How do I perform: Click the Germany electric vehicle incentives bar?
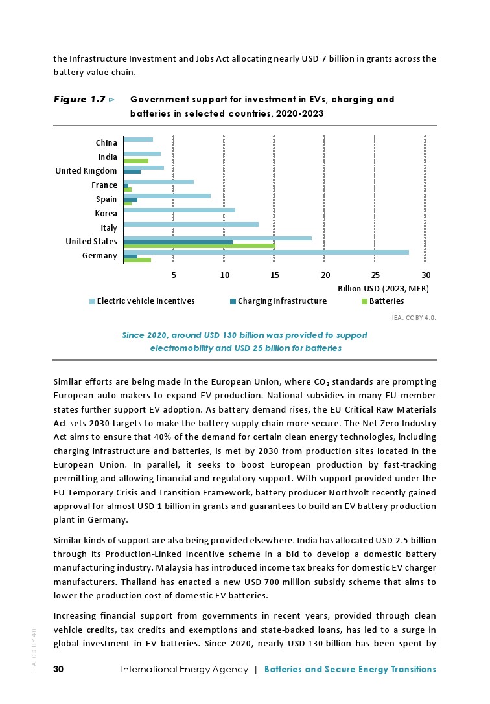click(266, 252)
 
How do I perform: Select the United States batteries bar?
click(199, 246)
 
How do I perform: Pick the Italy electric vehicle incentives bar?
click(191, 224)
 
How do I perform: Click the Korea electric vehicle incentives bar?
click(179, 210)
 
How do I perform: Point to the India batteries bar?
click(135, 161)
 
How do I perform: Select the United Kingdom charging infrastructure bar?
click(132, 172)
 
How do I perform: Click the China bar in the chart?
click(138, 139)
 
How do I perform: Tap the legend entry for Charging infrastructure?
click(282, 301)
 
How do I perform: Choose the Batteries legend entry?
click(386, 301)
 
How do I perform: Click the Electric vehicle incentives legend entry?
click(145, 301)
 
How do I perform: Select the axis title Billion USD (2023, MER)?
click(384, 288)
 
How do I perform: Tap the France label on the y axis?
click(104, 185)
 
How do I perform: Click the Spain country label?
click(106, 199)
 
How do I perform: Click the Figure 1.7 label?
click(79, 100)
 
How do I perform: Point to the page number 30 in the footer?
click(58, 669)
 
